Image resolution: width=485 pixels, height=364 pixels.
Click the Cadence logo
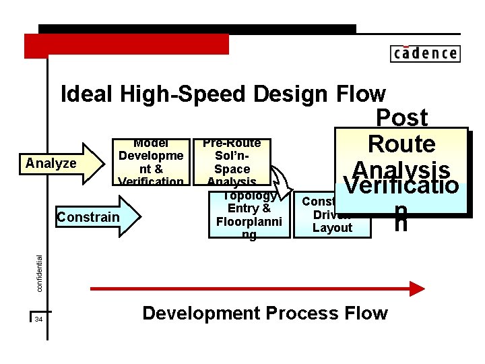(424, 53)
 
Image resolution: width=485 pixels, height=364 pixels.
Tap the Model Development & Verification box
(150, 162)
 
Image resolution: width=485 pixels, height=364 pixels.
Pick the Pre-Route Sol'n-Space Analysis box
(231, 162)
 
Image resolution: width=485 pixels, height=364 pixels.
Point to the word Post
(401, 118)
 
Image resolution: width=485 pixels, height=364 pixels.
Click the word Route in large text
(401, 144)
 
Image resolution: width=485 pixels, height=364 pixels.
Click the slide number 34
(38, 319)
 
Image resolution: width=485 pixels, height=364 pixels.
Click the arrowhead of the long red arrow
(416, 289)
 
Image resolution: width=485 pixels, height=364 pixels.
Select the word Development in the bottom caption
(201, 313)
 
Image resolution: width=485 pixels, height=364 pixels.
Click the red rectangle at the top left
(127, 45)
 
